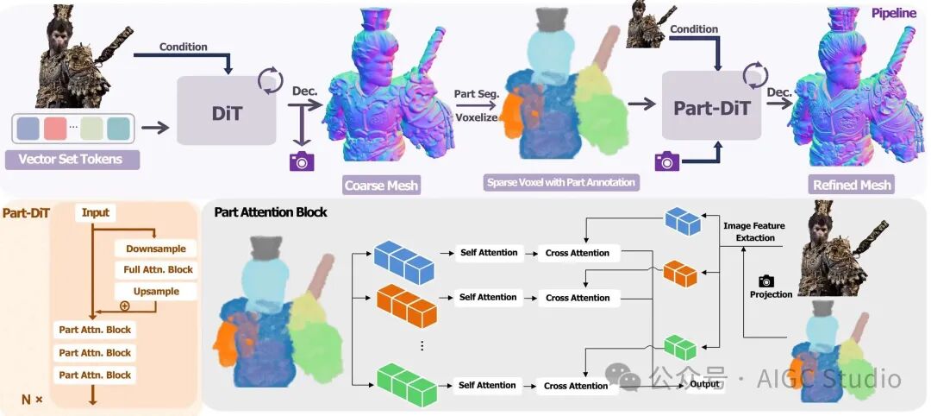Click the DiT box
pos(226,110)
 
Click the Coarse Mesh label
pos(381,185)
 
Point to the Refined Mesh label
pos(852,185)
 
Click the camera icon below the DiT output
pos(302,161)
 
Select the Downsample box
pos(156,249)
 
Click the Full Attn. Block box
pos(156,270)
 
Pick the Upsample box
pos(156,292)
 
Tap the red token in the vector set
pos(55,129)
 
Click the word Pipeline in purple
pos(893,14)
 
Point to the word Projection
pos(771,294)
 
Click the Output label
pos(703,384)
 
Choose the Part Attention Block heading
pos(270,211)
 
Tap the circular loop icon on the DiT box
pos(270,82)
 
